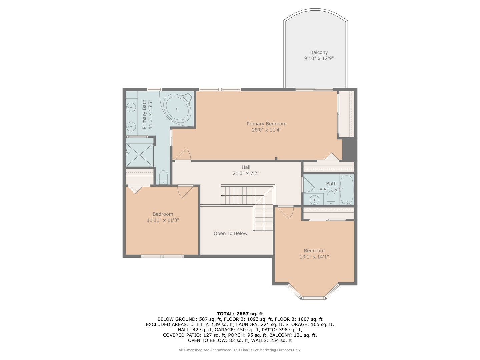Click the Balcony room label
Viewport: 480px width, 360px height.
click(x=319, y=52)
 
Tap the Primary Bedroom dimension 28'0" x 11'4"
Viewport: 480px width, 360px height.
click(x=266, y=130)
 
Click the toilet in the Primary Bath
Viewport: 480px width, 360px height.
click(x=163, y=177)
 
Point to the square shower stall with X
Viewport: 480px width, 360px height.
click(x=140, y=155)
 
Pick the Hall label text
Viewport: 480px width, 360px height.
click(x=246, y=167)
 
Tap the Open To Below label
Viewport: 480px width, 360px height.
click(x=230, y=233)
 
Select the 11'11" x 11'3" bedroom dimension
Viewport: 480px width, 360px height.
click(x=163, y=220)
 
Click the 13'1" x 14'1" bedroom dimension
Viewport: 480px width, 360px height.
click(x=314, y=257)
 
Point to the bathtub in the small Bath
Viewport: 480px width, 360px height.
click(x=347, y=190)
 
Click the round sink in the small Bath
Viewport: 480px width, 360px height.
click(x=314, y=200)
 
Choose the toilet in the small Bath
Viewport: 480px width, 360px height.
click(x=331, y=198)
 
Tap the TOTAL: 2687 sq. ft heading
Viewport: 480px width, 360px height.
click(x=240, y=314)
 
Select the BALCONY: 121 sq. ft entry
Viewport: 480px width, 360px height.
click(x=293, y=335)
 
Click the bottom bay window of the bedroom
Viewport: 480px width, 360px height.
click(x=313, y=298)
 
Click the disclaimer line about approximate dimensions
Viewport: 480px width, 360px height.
click(x=240, y=350)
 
